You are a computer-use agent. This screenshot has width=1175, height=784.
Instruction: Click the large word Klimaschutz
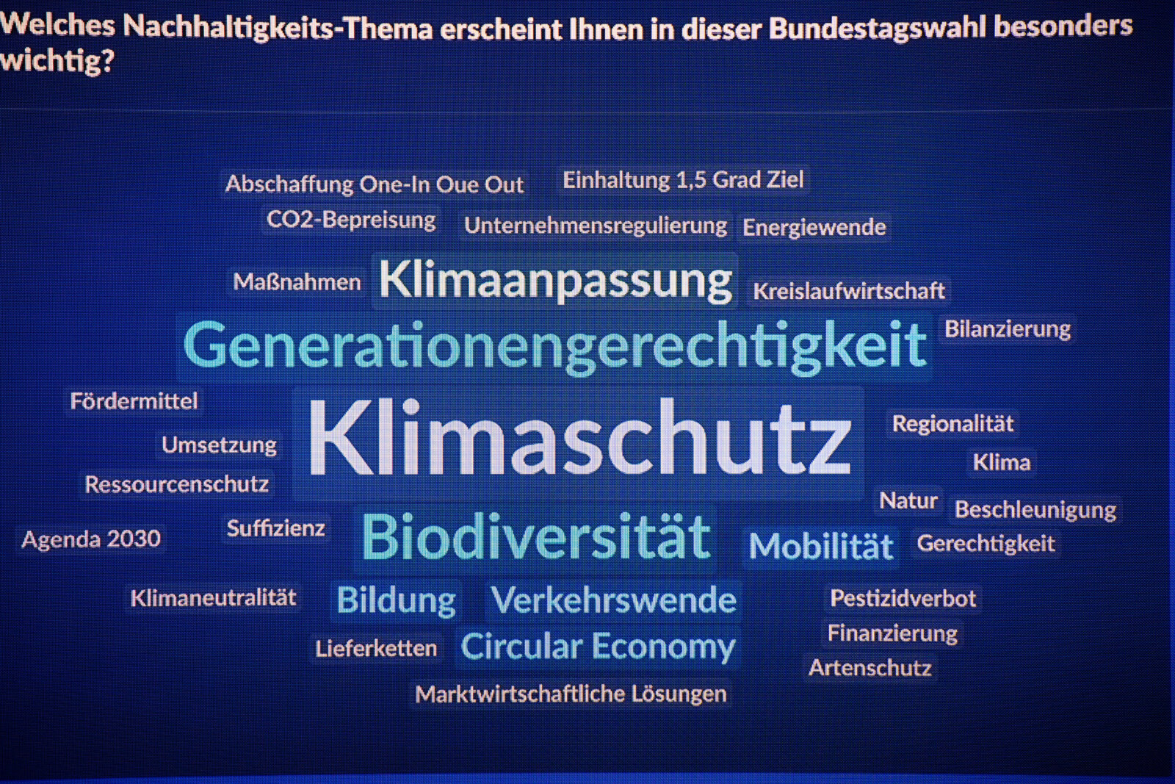point(579,437)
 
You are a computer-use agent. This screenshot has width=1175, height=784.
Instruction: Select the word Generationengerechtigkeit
point(555,346)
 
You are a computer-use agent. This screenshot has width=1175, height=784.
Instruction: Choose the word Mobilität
point(821,546)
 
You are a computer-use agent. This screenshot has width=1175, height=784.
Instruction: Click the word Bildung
point(396,600)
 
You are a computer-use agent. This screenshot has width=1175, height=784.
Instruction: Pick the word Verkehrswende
point(613,600)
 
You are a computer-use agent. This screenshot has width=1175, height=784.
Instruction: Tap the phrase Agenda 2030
point(91,539)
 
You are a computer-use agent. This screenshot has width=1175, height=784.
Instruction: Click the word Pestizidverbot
point(903,598)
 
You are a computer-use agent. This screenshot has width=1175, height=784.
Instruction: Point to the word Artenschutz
point(870,667)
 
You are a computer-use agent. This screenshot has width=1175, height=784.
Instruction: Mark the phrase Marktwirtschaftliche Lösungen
point(571,694)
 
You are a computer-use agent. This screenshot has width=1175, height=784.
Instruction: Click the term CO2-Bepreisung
point(351,220)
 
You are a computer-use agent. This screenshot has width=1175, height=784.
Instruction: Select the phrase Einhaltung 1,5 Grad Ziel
point(683,180)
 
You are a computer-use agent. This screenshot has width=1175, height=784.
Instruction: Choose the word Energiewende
point(814,227)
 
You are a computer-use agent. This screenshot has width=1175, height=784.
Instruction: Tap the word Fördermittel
point(134,401)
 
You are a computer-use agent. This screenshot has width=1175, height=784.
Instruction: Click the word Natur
point(908,500)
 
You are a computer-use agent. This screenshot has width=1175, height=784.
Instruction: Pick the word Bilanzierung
point(1008,329)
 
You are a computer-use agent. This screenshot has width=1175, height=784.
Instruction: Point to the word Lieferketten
point(376,649)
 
